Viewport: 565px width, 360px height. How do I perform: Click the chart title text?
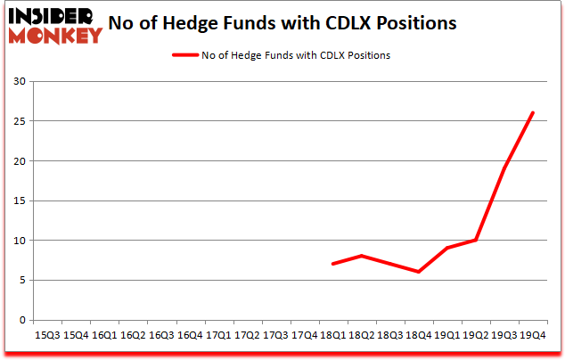click(x=282, y=23)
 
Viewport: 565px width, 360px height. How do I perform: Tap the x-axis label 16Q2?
click(x=133, y=335)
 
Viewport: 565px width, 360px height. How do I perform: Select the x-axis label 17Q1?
click(x=219, y=335)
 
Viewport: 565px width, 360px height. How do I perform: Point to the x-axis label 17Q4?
click(x=305, y=335)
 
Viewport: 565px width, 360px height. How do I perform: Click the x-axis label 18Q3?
click(x=389, y=335)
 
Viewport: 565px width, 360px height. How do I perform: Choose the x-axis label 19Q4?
click(x=533, y=335)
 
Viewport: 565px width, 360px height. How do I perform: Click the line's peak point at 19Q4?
click(x=533, y=113)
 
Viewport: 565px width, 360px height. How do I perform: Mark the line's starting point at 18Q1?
click(x=332, y=264)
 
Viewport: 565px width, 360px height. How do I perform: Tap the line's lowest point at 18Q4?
click(x=418, y=272)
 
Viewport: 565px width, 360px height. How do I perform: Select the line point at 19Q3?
click(x=504, y=168)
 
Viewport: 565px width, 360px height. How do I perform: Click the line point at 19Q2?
click(x=476, y=240)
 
